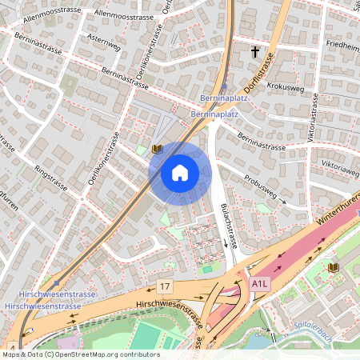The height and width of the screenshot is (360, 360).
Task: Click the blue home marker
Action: click(180, 171)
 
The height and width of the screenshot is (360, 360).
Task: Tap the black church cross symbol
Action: click(255, 52)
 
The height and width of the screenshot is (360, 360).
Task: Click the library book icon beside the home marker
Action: click(157, 149)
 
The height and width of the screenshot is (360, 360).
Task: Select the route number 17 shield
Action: click(165, 286)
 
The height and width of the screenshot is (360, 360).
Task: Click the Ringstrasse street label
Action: click(53, 183)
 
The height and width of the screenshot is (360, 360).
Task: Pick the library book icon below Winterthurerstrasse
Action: click(333, 266)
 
